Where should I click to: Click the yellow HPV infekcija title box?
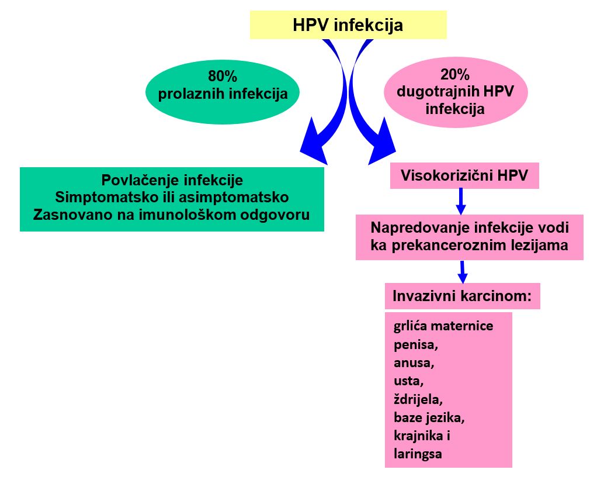point(348,25)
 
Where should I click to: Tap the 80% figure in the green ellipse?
point(222,76)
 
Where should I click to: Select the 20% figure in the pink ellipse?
point(455,74)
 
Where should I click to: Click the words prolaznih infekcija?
point(223,94)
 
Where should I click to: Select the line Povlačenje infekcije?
point(172,180)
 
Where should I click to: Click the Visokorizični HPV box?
point(464,176)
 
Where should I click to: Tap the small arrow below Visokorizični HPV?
point(461,201)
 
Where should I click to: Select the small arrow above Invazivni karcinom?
point(463,272)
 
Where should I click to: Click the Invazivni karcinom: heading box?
point(463,296)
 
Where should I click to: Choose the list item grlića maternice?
point(443,326)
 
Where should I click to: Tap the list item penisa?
point(416,344)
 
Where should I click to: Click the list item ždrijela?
point(418,399)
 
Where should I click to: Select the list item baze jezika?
point(429,417)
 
